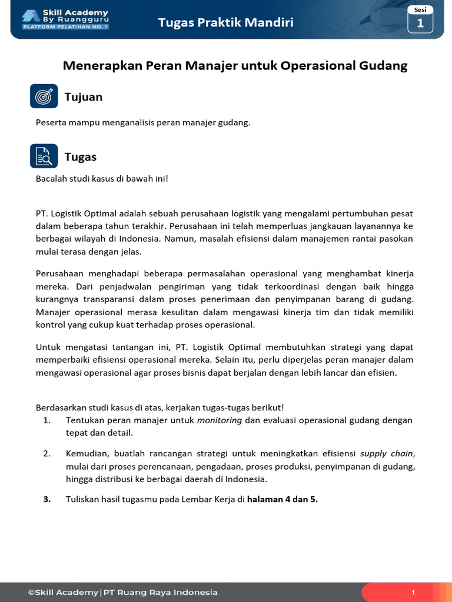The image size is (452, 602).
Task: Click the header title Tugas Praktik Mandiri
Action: pyautogui.click(x=225, y=23)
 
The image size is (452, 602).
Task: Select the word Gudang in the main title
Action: pyautogui.click(x=383, y=66)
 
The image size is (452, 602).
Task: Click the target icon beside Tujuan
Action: pyautogui.click(x=44, y=96)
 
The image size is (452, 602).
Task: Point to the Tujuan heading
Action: pyautogui.click(x=84, y=97)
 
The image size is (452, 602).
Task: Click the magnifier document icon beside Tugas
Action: pyautogui.click(x=44, y=156)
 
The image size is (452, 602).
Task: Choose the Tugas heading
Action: pyautogui.click(x=81, y=157)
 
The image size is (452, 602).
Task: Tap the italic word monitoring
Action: pyautogui.click(x=220, y=420)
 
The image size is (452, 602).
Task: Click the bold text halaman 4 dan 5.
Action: pyautogui.click(x=282, y=500)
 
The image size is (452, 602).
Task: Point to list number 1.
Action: pyautogui.click(x=46, y=420)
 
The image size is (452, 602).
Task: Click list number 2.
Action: pyautogui.click(x=46, y=453)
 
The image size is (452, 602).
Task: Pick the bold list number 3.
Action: pyautogui.click(x=46, y=500)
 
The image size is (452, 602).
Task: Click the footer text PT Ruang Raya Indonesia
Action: pyautogui.click(x=160, y=593)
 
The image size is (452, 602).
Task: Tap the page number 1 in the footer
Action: pyautogui.click(x=414, y=593)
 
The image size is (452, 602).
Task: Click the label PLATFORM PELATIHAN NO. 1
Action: pyautogui.click(x=65, y=27)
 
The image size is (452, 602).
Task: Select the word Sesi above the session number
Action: pyautogui.click(x=420, y=10)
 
